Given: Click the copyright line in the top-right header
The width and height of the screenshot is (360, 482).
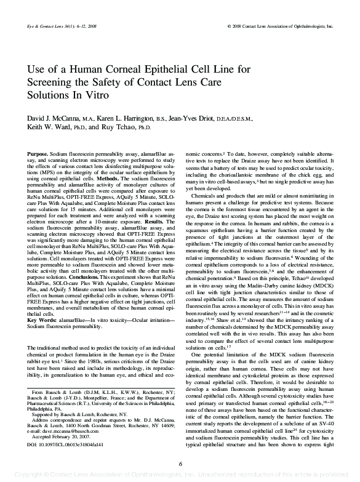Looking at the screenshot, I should tap(280, 28).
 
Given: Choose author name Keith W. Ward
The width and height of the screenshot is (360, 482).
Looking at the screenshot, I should tap(53, 128).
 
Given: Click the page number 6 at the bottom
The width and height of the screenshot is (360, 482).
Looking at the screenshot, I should tap(180, 463).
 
